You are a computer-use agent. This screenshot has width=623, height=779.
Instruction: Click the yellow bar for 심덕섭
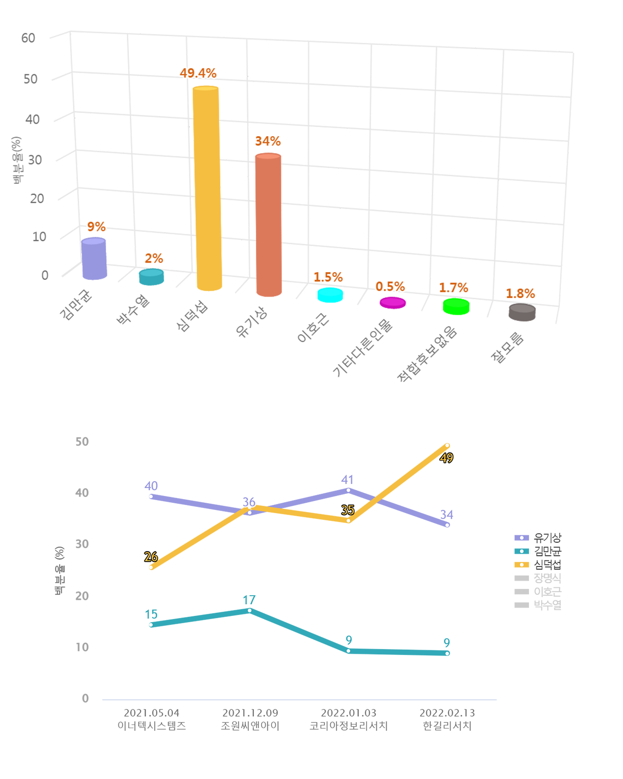click(207, 187)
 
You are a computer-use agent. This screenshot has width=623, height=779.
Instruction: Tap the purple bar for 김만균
click(94, 259)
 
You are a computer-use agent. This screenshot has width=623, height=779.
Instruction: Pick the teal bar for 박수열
click(152, 277)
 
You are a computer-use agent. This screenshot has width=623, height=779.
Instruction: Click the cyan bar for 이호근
click(330, 295)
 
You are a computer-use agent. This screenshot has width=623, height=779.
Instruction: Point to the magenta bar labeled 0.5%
click(393, 303)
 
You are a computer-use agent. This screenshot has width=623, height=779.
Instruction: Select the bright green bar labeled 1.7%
click(456, 306)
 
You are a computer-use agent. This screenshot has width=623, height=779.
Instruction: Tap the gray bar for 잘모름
click(522, 313)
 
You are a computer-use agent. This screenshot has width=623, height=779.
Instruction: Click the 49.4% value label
click(198, 73)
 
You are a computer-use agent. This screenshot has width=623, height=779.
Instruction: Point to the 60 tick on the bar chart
click(28, 38)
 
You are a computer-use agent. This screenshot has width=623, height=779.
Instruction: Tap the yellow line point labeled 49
click(447, 446)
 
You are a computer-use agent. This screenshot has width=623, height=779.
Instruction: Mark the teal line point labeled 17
click(250, 611)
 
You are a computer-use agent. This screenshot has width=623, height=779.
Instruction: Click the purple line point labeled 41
click(348, 490)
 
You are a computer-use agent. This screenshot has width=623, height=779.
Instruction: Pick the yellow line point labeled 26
click(151, 567)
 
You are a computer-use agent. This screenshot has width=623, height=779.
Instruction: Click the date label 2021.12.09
click(250, 713)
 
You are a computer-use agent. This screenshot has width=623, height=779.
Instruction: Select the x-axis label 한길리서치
click(447, 726)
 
